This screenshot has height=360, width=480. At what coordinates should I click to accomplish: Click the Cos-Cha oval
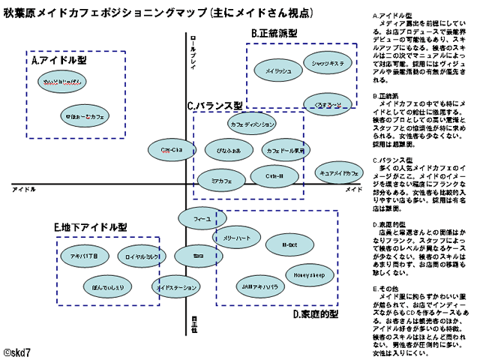tap(172, 150)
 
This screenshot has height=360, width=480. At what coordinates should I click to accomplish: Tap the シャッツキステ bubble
tap(328, 64)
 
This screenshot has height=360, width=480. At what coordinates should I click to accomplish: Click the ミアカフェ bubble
tap(221, 181)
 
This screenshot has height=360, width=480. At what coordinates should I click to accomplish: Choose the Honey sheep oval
tap(308, 274)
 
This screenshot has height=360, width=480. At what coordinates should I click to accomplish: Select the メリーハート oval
tap(237, 238)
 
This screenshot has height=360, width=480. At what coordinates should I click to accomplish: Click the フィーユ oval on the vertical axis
tap(202, 218)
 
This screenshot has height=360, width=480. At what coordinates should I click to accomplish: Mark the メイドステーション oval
tap(178, 287)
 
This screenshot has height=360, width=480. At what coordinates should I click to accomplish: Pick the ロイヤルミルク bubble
tap(140, 256)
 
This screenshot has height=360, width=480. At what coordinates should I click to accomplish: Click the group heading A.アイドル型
tap(58, 58)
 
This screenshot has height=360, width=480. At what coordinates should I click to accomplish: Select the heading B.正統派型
tap(274, 34)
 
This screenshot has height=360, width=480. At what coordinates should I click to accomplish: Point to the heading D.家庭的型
tap(316, 313)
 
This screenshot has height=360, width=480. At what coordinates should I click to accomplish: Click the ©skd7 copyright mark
tap(18, 350)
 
